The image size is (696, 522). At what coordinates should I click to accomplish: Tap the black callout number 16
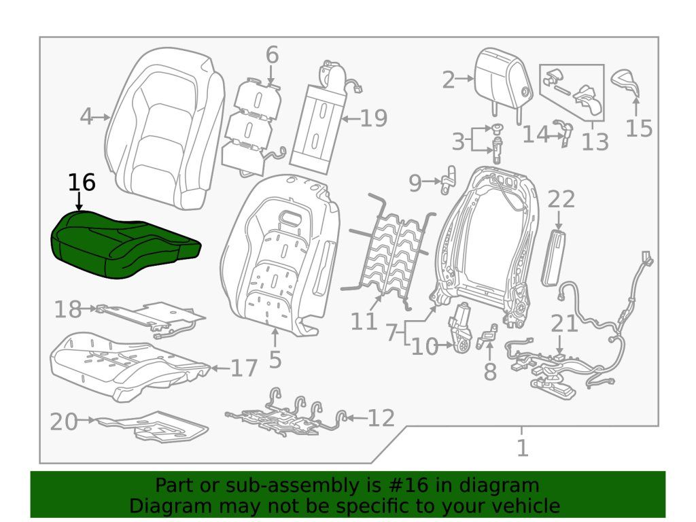pyautogui.click(x=81, y=183)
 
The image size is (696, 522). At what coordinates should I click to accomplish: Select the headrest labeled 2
pyautogui.click(x=504, y=77)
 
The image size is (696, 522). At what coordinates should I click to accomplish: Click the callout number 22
pyautogui.click(x=561, y=199)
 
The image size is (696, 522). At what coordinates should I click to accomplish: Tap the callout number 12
pyautogui.click(x=381, y=418)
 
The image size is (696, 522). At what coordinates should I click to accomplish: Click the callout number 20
pyautogui.click(x=64, y=421)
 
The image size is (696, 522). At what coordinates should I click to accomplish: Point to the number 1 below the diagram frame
pyautogui.click(x=522, y=449)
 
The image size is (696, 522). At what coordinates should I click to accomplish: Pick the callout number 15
pyautogui.click(x=639, y=127)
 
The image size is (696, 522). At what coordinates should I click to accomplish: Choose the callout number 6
pyautogui.click(x=272, y=54)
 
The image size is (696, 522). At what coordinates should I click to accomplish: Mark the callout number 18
pyautogui.click(x=68, y=310)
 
